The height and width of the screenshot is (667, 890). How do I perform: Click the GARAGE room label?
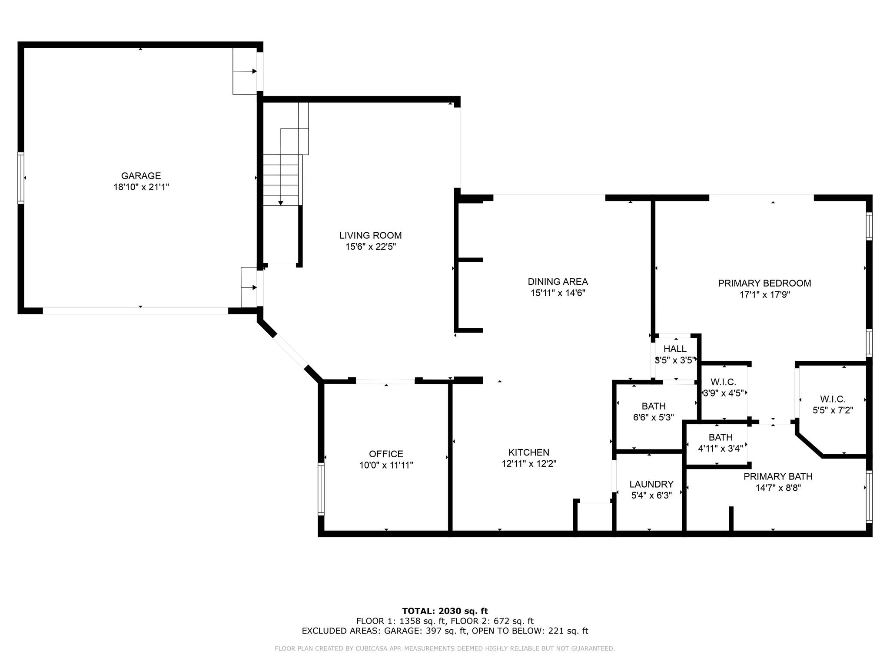pyautogui.click(x=141, y=176)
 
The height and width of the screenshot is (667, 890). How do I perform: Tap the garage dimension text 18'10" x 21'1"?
pyautogui.click(x=141, y=187)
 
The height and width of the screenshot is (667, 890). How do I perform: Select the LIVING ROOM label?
pyautogui.click(x=370, y=235)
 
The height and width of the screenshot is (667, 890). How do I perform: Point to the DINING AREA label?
pyautogui.click(x=558, y=281)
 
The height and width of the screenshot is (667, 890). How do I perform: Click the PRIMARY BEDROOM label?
pyautogui.click(x=764, y=283)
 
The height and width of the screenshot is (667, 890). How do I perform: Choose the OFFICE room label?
pyautogui.click(x=386, y=454)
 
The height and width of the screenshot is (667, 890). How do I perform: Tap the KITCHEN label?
pyautogui.click(x=529, y=452)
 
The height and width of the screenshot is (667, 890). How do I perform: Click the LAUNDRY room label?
pyautogui.click(x=651, y=484)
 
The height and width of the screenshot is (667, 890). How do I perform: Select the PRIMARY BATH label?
pyautogui.click(x=778, y=476)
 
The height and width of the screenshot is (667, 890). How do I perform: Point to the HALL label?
pyautogui.click(x=675, y=349)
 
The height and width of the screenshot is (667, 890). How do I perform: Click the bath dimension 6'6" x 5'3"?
pyautogui.click(x=654, y=417)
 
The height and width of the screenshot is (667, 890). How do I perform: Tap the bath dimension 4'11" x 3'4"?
pyautogui.click(x=721, y=449)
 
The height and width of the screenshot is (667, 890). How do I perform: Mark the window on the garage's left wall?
pyautogui.click(x=20, y=178)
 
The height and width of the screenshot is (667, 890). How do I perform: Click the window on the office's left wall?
pyautogui.click(x=321, y=489)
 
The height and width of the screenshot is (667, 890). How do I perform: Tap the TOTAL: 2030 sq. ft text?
pyautogui.click(x=445, y=611)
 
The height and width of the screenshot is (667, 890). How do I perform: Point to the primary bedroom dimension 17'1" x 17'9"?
pyautogui.click(x=764, y=294)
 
